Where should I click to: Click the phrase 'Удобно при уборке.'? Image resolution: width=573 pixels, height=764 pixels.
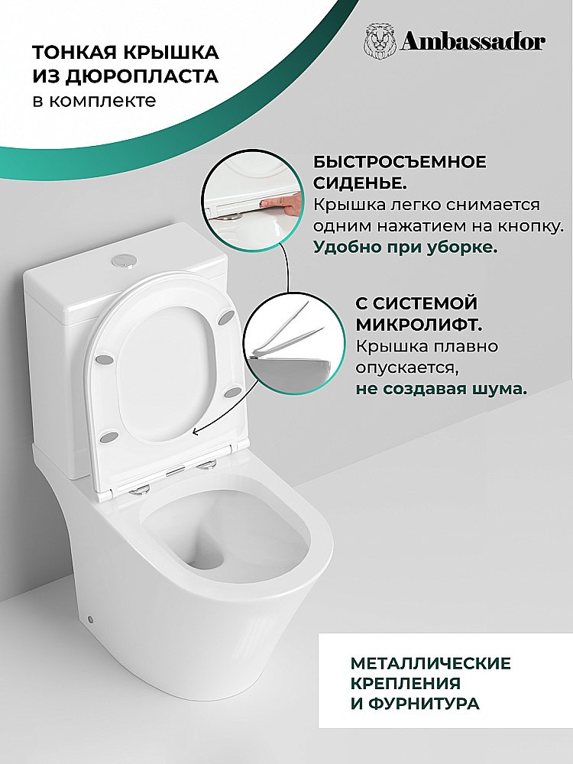point(405,248)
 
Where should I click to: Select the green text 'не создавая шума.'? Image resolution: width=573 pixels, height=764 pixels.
point(441,388)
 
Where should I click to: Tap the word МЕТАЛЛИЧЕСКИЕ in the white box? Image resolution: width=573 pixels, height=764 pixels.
point(431,662)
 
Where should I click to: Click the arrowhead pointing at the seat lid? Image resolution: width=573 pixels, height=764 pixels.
point(196,432)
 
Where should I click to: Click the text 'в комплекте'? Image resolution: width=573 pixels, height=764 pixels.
point(93,101)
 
